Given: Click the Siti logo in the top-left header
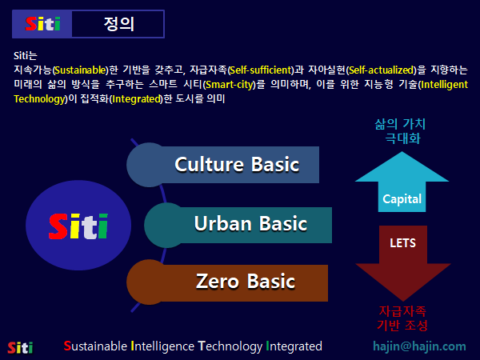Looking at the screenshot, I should pyautogui.click(x=42, y=24).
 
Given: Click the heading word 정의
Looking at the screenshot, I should pyautogui.click(x=118, y=24).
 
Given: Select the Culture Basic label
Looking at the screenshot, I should pyautogui.click(x=237, y=165).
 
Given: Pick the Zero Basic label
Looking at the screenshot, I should pyautogui.click(x=245, y=282).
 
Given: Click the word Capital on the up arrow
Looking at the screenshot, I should pyautogui.click(x=402, y=199).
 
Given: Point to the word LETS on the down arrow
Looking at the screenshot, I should pyautogui.click(x=402, y=241).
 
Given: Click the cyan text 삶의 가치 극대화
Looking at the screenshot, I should pyautogui.click(x=400, y=131).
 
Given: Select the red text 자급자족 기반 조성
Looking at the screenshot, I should pyautogui.click(x=402, y=318).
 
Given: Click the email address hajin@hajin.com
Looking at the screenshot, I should pyautogui.click(x=419, y=346).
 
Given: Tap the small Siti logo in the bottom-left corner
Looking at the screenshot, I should pyautogui.click(x=20, y=347).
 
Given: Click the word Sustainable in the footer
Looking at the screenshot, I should pyautogui.click(x=95, y=346).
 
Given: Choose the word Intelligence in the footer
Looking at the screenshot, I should pyautogui.click(x=162, y=346).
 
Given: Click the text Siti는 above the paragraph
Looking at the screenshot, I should pyautogui.click(x=26, y=55).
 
